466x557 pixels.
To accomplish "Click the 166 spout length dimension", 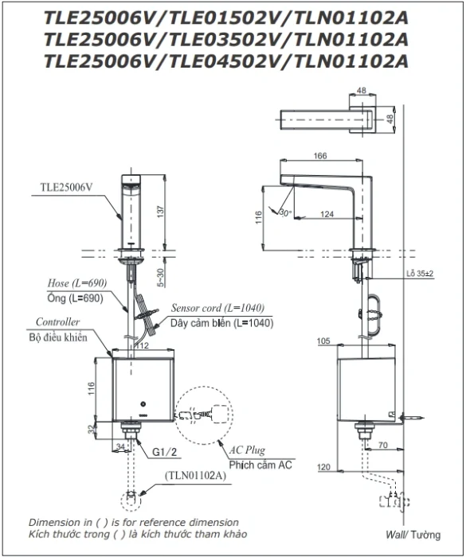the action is pyautogui.click(x=320, y=156).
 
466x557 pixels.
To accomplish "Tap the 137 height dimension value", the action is pyautogui.click(x=160, y=212).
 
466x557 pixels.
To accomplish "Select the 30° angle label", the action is pyautogui.click(x=285, y=212).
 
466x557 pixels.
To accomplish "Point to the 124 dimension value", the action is pyautogui.click(x=327, y=214).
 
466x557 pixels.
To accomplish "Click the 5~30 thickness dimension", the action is pyautogui.click(x=160, y=278).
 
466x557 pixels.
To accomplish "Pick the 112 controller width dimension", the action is pyautogui.click(x=142, y=345).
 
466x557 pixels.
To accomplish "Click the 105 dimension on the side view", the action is pyautogui.click(x=323, y=341).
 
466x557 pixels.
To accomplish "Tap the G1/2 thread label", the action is pyautogui.click(x=164, y=452).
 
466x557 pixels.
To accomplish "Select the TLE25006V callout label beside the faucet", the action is pyautogui.click(x=67, y=187).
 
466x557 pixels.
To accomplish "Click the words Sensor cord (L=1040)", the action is pyautogui.click(x=217, y=308).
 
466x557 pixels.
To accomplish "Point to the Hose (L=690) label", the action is pyautogui.click(x=77, y=283).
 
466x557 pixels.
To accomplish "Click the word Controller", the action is pyautogui.click(x=57, y=321).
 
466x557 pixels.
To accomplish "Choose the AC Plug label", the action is pyautogui.click(x=247, y=450).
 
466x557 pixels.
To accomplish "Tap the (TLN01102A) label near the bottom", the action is pyautogui.click(x=195, y=475).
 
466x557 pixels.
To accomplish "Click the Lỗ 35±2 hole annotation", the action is pyautogui.click(x=420, y=274).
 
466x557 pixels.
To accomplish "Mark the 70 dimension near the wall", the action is pyautogui.click(x=383, y=445).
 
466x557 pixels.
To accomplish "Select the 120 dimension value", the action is pyautogui.click(x=323, y=467).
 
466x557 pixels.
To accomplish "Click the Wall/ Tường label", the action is pyautogui.click(x=413, y=535).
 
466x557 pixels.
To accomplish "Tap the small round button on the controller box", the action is pyautogui.click(x=143, y=404).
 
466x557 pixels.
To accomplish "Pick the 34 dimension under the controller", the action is pyautogui.click(x=120, y=446).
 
